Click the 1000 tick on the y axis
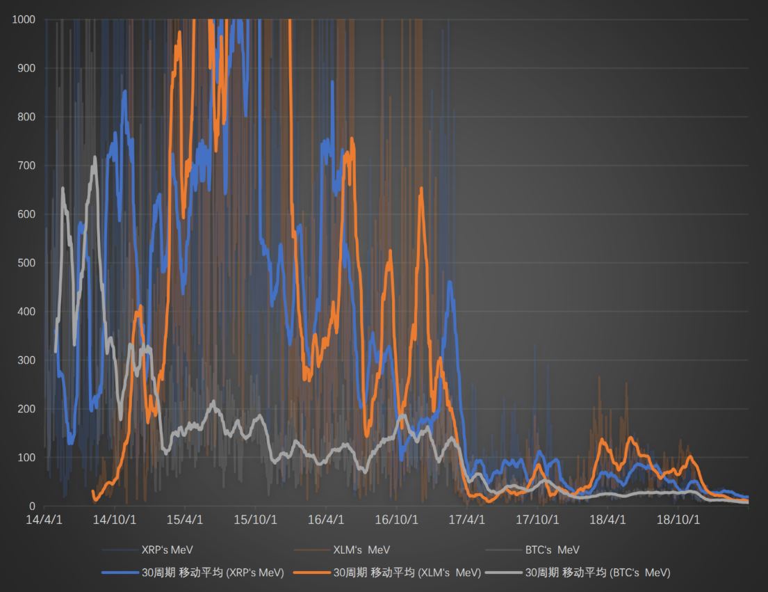[24, 19]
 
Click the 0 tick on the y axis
[32, 506]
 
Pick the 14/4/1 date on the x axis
[44, 520]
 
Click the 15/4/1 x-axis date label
[184, 520]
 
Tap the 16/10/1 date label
[397, 520]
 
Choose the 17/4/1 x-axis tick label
[467, 520]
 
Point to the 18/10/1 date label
[678, 520]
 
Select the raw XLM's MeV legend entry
[361, 550]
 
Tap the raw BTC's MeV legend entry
[552, 550]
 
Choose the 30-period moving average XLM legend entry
[407, 573]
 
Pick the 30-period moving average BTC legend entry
[598, 573]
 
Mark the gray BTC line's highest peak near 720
[95, 157]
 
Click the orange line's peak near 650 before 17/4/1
[421, 189]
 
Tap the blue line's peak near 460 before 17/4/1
[450, 282]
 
